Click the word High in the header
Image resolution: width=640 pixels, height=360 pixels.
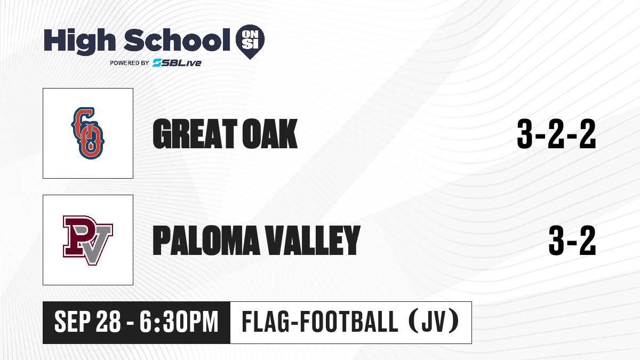pyautogui.click(x=80, y=41)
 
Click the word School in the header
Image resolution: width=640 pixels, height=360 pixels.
pyautogui.click(x=177, y=39)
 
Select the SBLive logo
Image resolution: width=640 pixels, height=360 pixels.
pyautogui.click(x=177, y=62)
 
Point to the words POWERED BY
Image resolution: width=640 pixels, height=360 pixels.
pyautogui.click(x=130, y=63)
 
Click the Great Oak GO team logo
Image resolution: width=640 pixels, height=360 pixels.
pyautogui.click(x=87, y=133)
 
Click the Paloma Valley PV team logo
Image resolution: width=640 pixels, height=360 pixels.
pyautogui.click(x=87, y=241)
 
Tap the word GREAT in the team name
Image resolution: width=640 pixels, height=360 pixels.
pyautogui.click(x=195, y=134)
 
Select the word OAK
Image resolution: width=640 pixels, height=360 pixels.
pyautogui.click(x=270, y=134)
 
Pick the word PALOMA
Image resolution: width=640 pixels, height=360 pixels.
pyautogui.click(x=206, y=241)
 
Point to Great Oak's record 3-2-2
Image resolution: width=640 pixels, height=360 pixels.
pyautogui.click(x=556, y=134)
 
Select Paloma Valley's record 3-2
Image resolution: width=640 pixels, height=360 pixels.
pyautogui.click(x=572, y=241)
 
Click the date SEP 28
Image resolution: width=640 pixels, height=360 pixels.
pyautogui.click(x=87, y=322)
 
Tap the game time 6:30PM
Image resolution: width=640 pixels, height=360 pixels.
pyautogui.click(x=179, y=322)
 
